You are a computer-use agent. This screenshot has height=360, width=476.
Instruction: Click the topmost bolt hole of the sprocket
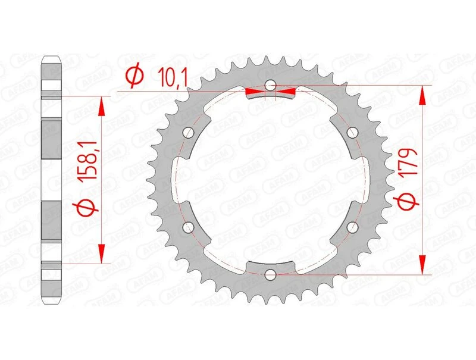pyautogui.click(x=271, y=85)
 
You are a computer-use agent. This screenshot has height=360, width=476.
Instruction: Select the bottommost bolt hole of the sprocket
pyautogui.click(x=271, y=274)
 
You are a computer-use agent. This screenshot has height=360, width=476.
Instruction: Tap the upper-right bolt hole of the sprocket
pyautogui.click(x=353, y=132)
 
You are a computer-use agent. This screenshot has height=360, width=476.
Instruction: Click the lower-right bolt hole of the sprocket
pyautogui.click(x=353, y=227)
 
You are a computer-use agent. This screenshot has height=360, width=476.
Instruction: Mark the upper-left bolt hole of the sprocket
pyautogui.click(x=189, y=132)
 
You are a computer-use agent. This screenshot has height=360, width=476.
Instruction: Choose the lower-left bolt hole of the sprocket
pyautogui.click(x=189, y=227)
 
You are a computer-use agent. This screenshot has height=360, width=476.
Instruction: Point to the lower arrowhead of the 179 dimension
pyautogui.click(x=423, y=265)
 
